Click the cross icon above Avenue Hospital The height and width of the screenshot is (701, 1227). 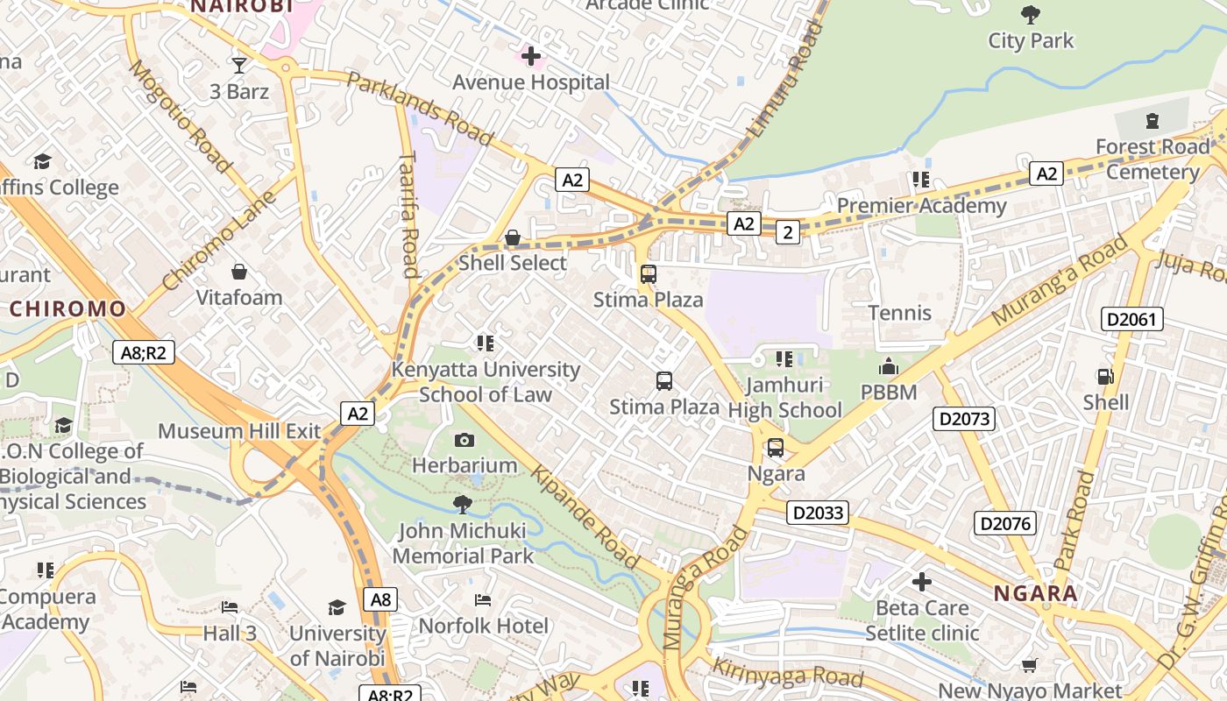tap(530, 57)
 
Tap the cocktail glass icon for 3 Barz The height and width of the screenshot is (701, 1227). tap(238, 65)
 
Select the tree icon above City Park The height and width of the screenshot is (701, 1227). tap(1031, 14)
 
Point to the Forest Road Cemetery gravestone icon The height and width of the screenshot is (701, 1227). tap(1152, 120)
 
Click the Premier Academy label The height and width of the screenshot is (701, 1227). tap(921, 206)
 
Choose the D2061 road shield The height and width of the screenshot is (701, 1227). tap(1132, 319)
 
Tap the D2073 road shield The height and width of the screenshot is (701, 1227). tap(964, 419)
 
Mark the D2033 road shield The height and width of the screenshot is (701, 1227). tap(818, 513)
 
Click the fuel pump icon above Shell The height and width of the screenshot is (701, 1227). tap(1106, 377)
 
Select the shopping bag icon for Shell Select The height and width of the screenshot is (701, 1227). tap(513, 237)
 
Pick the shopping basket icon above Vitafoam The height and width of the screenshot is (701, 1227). tap(238, 273)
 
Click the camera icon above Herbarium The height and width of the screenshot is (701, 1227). tap(465, 440)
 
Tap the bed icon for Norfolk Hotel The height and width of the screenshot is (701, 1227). tap(483, 600)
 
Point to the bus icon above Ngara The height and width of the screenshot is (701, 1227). tap(776, 448)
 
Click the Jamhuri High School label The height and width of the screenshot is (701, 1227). tap(784, 398)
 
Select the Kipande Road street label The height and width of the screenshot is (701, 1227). tap(585, 518)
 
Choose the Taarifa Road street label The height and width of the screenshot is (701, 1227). tap(409, 216)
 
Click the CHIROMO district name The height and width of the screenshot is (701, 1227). tap(68, 308)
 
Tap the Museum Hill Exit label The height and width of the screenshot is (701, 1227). tap(239, 431)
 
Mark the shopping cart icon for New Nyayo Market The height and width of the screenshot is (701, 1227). tap(1030, 666)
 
